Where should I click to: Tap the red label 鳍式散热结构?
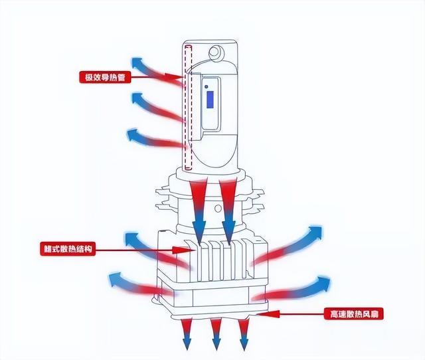point(68,250)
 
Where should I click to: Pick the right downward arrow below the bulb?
point(227,206)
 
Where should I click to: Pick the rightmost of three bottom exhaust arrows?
point(244,332)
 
